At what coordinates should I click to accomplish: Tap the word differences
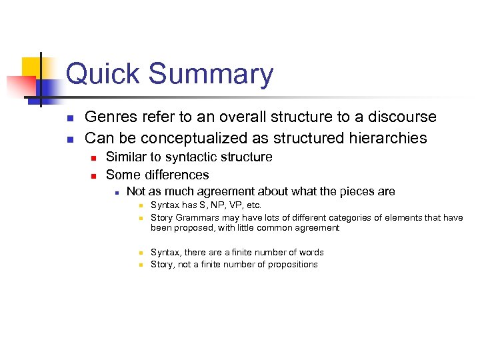175,175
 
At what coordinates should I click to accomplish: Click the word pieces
353,192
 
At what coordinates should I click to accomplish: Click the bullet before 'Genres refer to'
70,118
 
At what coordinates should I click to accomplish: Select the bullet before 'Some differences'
94,176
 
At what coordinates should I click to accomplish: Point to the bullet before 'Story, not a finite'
141,265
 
